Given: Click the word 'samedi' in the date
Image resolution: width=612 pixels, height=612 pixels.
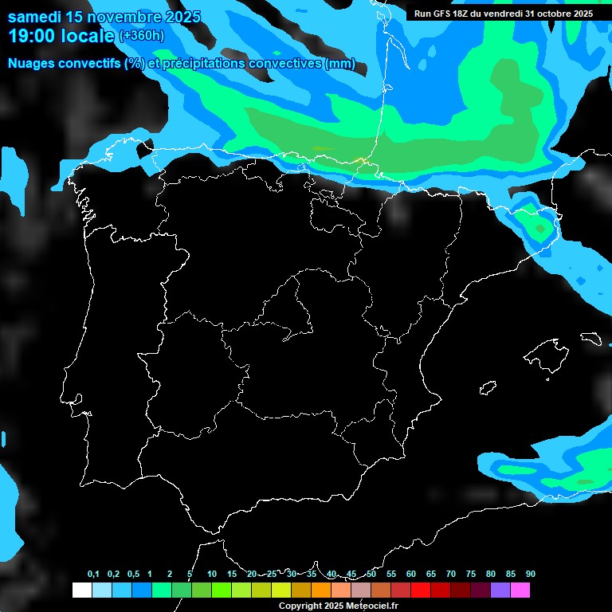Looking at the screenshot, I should [33, 17].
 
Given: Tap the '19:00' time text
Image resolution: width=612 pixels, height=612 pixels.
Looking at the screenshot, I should [31, 36].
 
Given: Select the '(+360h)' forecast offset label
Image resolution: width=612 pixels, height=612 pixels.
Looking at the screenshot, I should [142, 36].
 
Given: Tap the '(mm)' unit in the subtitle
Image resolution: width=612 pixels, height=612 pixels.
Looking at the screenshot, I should [340, 64].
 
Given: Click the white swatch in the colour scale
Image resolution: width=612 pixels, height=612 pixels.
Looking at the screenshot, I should [81, 590].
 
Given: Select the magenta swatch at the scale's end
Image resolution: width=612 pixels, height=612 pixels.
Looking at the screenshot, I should [520, 590].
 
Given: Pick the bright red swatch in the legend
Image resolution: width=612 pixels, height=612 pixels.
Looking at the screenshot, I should [420, 590].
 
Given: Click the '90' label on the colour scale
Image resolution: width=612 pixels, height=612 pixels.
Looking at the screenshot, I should [530, 575].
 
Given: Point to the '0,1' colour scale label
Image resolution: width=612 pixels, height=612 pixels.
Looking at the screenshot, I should [93, 575].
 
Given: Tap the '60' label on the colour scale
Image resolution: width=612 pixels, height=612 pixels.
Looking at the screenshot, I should [411, 575].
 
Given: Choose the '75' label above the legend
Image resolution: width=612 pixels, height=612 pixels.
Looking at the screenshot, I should [471, 575].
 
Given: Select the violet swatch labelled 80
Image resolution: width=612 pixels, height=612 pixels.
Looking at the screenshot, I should [500, 590].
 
